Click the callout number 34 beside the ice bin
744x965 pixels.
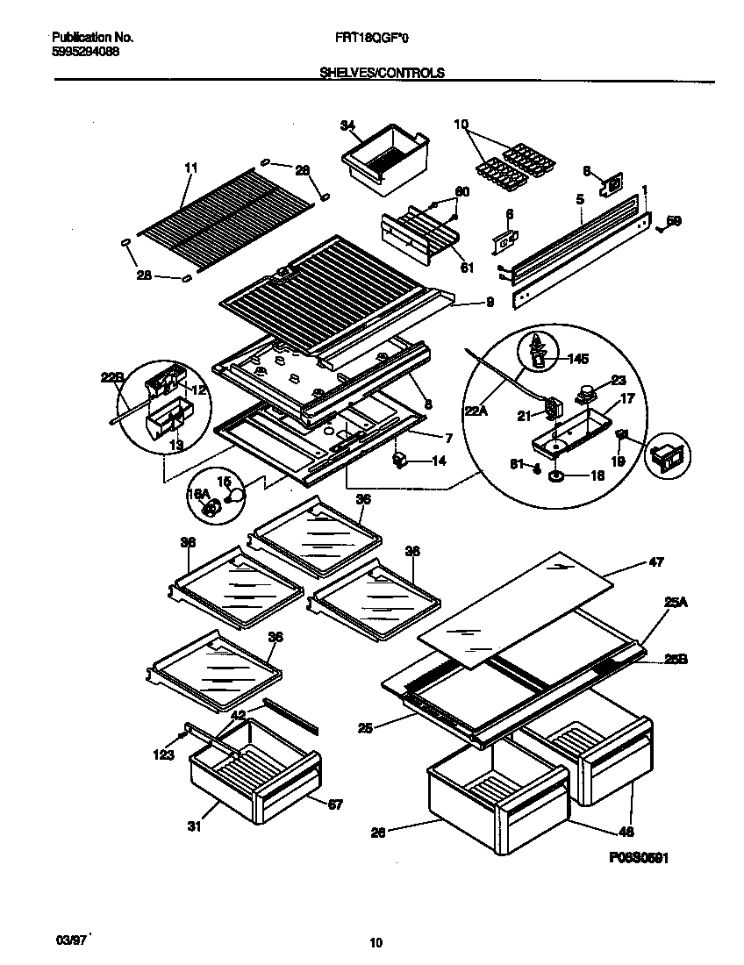click(x=347, y=126)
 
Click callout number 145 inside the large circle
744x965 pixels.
click(x=577, y=358)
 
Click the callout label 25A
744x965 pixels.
click(x=675, y=602)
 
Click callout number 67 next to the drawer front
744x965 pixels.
click(x=335, y=804)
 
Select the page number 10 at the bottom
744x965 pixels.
click(x=376, y=944)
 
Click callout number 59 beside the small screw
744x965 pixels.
click(x=674, y=222)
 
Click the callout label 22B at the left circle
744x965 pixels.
click(x=112, y=378)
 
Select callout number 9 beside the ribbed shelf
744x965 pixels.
click(x=489, y=302)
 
